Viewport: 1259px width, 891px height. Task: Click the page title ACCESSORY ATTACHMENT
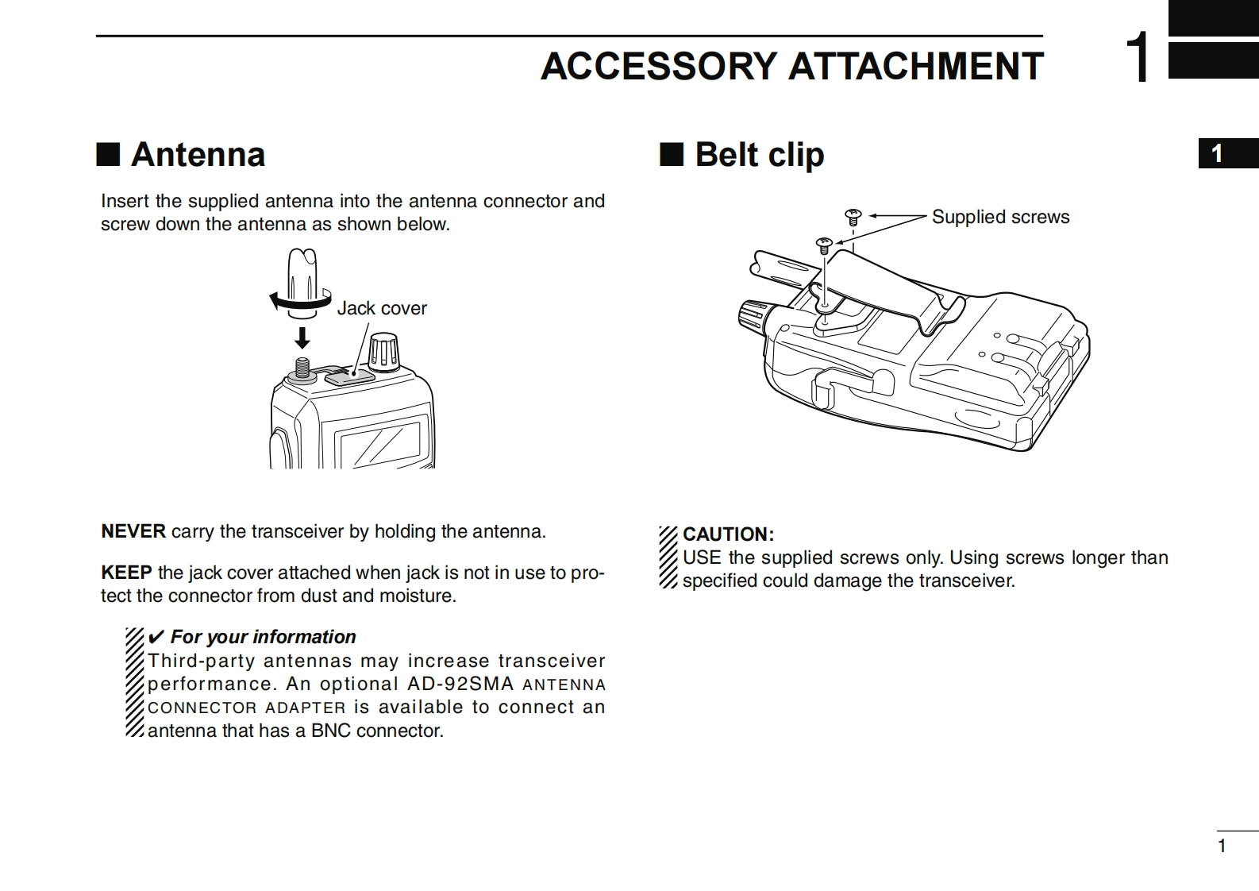[x=791, y=66]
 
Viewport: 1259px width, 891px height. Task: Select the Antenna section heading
[x=198, y=154]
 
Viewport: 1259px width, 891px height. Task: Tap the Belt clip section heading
[x=759, y=154]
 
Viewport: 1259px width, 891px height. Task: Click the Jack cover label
[x=382, y=308]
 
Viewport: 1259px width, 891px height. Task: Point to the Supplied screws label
[x=1000, y=217]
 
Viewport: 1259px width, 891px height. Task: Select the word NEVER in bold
[x=133, y=531]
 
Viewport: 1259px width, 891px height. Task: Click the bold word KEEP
[x=126, y=573]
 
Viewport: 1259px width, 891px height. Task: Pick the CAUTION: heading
[x=728, y=534]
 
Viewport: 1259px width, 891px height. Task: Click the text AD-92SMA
[x=460, y=684]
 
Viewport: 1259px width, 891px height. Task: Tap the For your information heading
[x=263, y=637]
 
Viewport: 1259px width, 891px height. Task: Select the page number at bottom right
[x=1222, y=846]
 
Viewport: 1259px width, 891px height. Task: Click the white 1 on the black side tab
[x=1217, y=154]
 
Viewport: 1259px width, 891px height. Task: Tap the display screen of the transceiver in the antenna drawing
[x=378, y=445]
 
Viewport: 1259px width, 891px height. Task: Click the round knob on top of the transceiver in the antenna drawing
[x=385, y=353]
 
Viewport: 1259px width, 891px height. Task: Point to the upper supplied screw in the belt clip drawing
[x=853, y=214]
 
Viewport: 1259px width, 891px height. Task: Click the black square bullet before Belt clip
[x=672, y=154]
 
